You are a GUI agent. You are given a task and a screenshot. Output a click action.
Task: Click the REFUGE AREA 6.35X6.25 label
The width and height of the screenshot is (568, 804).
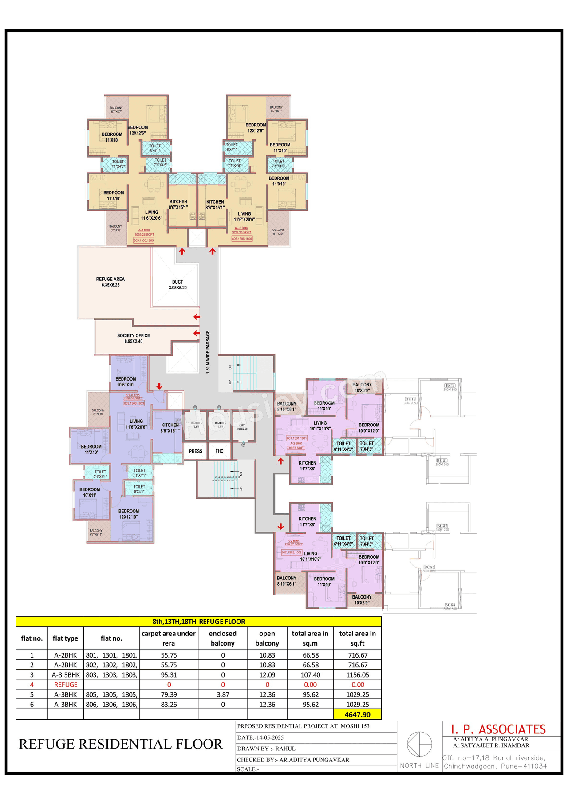110,282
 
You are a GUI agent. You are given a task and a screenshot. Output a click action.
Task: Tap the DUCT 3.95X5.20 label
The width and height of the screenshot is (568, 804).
177,285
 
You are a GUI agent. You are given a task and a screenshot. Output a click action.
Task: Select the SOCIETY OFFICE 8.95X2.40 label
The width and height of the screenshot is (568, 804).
134,339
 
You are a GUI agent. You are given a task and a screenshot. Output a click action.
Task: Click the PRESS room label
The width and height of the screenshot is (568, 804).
196,451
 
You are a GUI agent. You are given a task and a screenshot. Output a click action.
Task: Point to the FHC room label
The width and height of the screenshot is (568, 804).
219,451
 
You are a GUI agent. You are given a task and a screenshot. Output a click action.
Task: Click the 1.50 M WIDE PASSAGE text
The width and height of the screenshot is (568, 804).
208,352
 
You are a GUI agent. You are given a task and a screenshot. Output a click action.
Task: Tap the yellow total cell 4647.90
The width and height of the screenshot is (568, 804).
357,714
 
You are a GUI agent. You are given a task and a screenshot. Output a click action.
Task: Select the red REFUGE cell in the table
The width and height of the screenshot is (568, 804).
66,685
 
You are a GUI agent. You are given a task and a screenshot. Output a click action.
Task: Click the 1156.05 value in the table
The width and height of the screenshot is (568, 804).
357,675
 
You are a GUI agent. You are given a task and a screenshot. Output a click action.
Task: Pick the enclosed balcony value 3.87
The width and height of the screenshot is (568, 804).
223,694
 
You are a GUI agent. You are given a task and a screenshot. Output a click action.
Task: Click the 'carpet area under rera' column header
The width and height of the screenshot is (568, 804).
169,638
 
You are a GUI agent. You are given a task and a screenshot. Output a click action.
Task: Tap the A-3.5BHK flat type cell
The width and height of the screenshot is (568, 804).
66,675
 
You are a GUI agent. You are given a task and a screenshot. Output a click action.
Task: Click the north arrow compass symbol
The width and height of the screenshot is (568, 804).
419,744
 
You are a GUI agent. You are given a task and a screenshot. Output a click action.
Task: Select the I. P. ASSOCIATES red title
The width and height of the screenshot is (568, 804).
498,729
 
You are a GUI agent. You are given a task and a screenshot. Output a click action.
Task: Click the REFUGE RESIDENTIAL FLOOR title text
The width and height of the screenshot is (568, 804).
121,744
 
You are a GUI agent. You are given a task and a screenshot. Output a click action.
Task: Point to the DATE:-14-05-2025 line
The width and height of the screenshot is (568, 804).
260,737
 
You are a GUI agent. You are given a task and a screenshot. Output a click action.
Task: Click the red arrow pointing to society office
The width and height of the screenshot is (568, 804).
197,333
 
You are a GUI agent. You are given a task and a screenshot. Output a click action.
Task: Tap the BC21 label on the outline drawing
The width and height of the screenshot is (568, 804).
442,461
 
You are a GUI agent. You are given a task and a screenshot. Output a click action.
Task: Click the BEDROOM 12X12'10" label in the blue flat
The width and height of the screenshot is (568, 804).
129,514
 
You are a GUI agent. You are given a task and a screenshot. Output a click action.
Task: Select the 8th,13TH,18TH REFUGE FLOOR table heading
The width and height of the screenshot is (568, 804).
198,622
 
